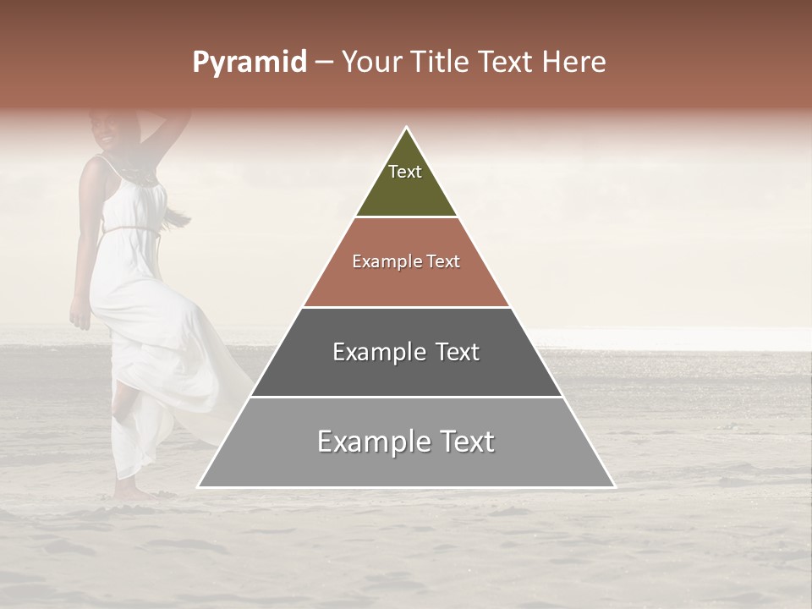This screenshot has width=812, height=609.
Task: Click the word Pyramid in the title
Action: [249, 63]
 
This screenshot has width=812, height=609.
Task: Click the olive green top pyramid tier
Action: [406, 182]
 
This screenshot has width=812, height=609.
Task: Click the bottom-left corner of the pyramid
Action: [199, 486]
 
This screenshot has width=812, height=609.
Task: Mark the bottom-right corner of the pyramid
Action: [615, 486]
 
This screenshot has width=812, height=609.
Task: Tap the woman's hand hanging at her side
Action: [79, 318]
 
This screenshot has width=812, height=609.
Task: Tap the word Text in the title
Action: [507, 63]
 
